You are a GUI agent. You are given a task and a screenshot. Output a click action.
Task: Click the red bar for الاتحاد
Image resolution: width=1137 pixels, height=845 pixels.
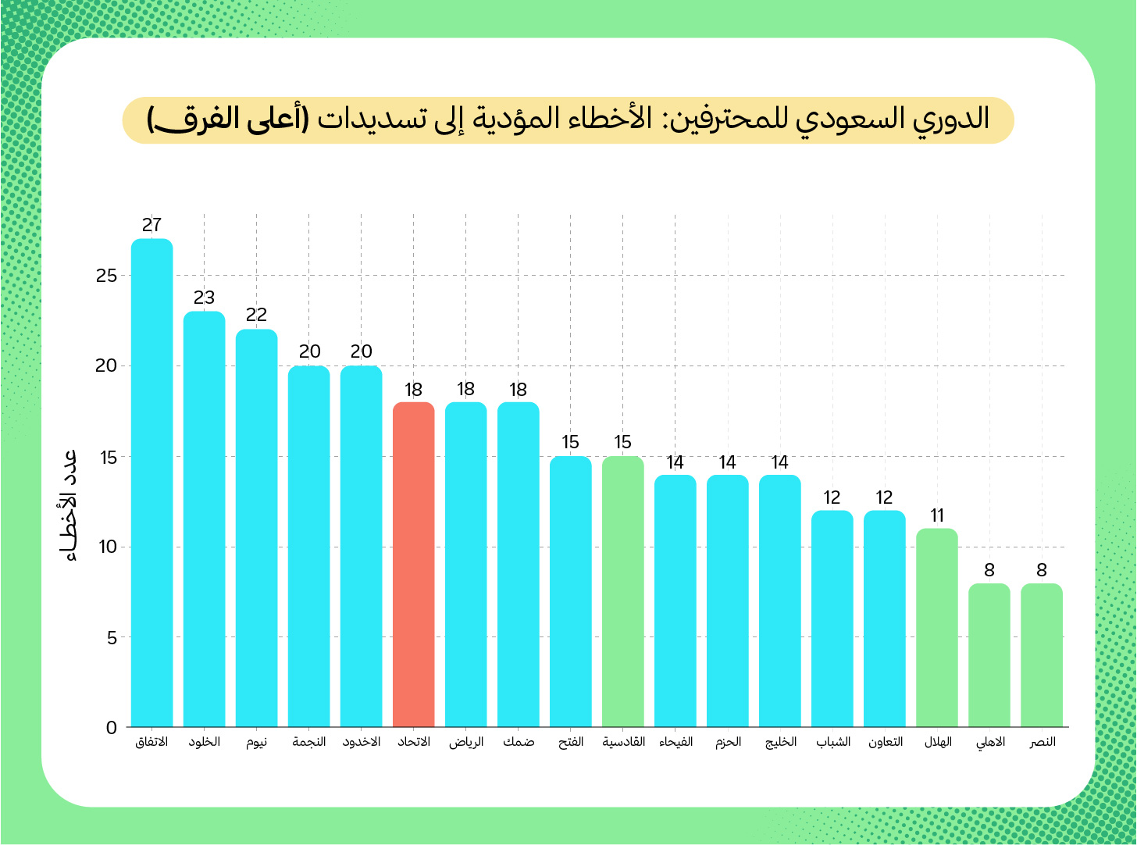tap(413, 565)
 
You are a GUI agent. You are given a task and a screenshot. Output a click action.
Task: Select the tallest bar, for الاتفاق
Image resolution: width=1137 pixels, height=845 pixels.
tap(151, 483)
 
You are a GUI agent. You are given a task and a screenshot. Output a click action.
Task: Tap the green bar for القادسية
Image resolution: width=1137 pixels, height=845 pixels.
tap(622, 591)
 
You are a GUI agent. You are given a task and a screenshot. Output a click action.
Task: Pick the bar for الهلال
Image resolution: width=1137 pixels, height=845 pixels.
tap(936, 628)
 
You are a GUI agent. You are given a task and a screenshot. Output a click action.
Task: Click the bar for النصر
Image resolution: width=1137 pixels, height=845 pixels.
tap(1041, 655)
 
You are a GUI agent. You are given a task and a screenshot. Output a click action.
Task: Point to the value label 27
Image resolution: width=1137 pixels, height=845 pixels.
tap(151, 226)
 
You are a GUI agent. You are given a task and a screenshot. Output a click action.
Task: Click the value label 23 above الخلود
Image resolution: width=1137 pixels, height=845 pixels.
tap(204, 298)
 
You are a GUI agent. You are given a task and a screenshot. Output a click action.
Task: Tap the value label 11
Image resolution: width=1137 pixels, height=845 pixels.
tap(937, 515)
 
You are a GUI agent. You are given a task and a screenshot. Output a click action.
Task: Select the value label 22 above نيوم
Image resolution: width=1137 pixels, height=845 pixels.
tap(256, 315)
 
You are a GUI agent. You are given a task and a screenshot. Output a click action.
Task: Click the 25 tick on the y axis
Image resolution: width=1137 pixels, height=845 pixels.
tap(107, 276)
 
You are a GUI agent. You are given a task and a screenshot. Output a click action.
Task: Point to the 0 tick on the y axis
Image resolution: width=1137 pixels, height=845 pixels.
tap(111, 728)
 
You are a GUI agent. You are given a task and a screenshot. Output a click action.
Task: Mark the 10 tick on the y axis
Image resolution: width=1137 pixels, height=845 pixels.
tap(107, 547)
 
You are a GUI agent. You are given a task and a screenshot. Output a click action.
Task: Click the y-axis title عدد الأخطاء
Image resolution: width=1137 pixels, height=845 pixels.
tap(70, 505)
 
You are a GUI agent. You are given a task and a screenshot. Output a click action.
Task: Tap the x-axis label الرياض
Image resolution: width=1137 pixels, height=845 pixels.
tap(466, 742)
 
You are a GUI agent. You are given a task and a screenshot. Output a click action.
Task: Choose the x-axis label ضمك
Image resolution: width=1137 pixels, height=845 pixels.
tap(519, 742)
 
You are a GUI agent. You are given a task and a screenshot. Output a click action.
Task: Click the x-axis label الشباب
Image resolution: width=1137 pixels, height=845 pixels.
tap(833, 742)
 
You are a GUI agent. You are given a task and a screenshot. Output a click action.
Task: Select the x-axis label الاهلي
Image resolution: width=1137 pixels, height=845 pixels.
tap(990, 742)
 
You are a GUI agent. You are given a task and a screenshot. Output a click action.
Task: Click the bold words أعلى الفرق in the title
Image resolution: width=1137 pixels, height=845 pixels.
tap(228, 119)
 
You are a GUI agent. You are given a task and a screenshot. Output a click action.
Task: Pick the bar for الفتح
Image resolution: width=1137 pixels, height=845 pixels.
tap(570, 591)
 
